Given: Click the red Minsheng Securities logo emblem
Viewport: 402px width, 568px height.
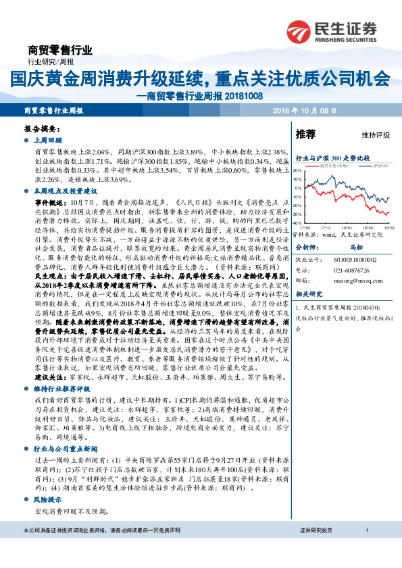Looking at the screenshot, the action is click(299, 30).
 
